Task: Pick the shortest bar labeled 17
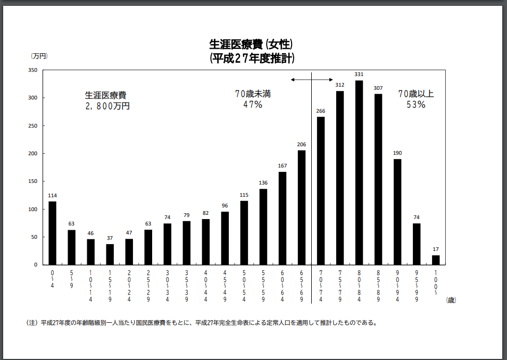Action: pos(436,260)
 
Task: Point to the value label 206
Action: pos(302,144)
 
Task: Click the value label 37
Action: pos(110,238)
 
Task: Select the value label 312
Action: pos(340,85)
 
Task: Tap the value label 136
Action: pos(263,183)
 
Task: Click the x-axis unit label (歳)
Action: pos(451,300)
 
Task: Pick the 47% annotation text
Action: pos(253,105)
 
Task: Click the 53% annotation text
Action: pos(416,105)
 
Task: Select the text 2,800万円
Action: pos(106,106)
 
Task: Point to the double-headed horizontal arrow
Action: pos(312,80)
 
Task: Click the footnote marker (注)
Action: pos(32,323)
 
